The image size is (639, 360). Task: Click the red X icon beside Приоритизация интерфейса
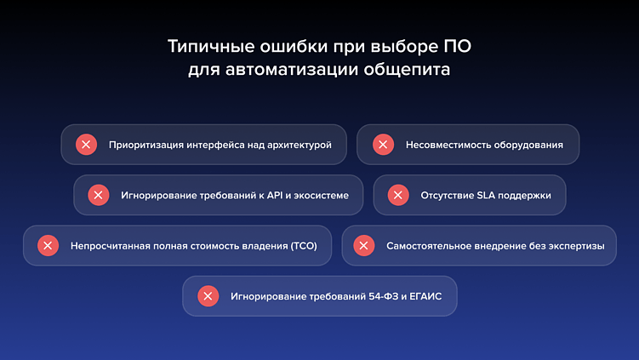(86, 145)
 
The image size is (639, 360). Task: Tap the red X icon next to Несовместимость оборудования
(383, 145)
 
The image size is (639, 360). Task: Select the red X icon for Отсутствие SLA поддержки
(397, 195)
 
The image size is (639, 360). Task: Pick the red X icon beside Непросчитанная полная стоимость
(48, 246)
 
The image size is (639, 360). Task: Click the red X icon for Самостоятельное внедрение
(363, 246)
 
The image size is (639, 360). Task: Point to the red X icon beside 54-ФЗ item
(208, 296)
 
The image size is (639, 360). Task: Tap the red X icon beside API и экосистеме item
(99, 195)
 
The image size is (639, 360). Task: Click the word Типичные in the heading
(201, 45)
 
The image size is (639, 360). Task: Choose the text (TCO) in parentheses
(303, 246)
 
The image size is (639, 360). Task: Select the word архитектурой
(300, 145)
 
